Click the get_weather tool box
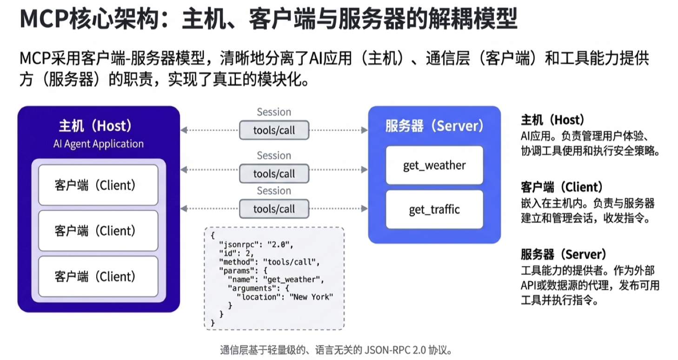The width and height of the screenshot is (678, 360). (x=434, y=166)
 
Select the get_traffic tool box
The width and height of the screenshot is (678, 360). (x=434, y=210)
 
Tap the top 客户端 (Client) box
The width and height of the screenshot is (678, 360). (x=98, y=185)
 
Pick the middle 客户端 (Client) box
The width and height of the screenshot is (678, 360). (x=98, y=231)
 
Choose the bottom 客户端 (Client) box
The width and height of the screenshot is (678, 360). (x=98, y=276)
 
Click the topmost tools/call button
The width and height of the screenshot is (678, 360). (x=274, y=130)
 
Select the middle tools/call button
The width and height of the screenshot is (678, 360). (x=274, y=173)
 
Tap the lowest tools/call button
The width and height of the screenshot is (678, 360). (x=274, y=209)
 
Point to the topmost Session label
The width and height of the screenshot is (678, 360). (x=274, y=112)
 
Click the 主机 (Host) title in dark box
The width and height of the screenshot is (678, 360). (x=98, y=126)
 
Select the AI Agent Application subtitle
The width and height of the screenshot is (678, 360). (x=98, y=144)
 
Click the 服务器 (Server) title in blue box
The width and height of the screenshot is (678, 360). (x=434, y=126)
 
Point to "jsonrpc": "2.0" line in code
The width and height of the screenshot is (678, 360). (x=257, y=245)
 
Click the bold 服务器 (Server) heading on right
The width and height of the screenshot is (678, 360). (x=563, y=254)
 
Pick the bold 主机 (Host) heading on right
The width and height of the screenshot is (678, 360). (x=552, y=120)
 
